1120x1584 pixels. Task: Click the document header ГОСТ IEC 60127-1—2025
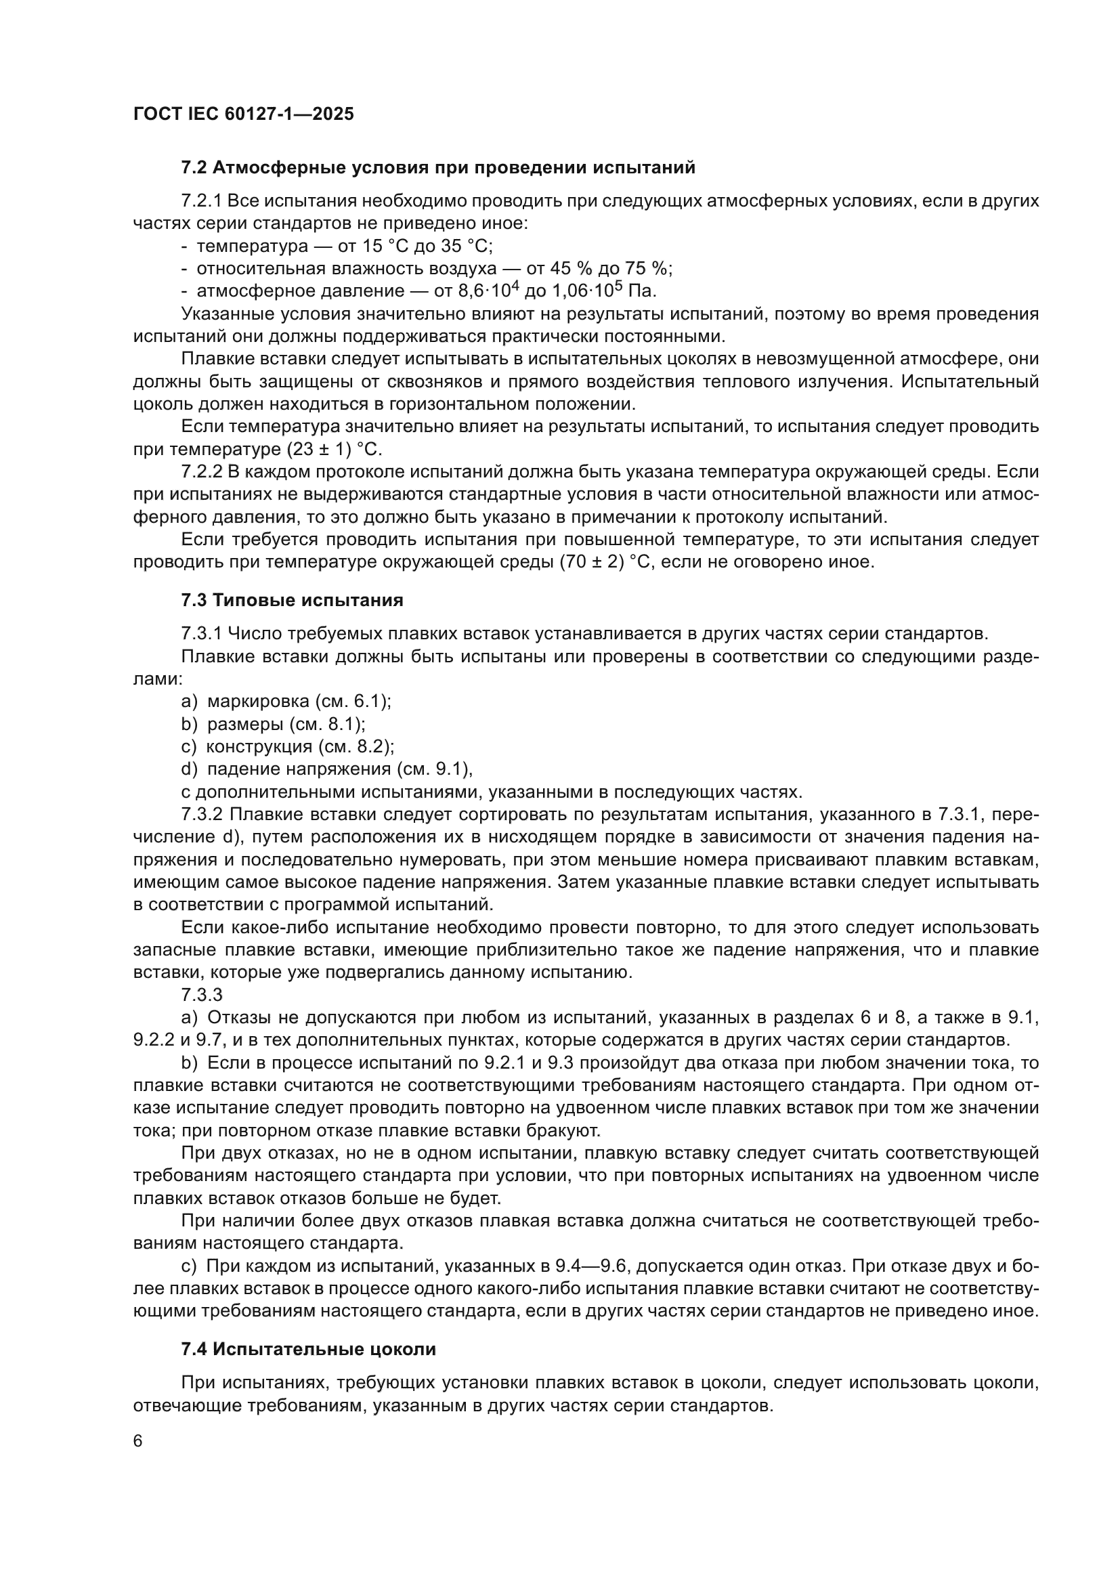click(x=244, y=114)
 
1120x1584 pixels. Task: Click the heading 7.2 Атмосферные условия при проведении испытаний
click(x=438, y=168)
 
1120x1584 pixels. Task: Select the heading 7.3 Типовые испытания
click(x=292, y=600)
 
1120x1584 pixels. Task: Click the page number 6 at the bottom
click(x=138, y=1441)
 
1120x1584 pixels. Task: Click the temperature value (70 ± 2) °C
click(x=609, y=561)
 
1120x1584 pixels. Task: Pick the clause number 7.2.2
click(x=202, y=472)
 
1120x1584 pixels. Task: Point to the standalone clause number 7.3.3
click(x=202, y=995)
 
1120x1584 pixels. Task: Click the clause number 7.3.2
click(x=202, y=814)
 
